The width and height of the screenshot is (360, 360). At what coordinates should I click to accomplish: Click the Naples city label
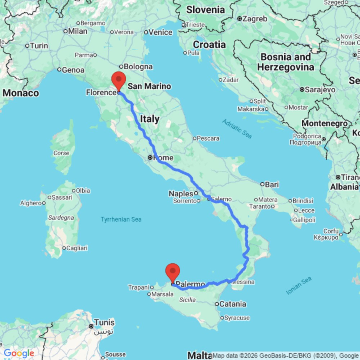pos(181,194)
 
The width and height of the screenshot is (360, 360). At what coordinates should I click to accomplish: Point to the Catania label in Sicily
pos(233,304)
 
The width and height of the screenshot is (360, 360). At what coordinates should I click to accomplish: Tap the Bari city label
pos(272,185)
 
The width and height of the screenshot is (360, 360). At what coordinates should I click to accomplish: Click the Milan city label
pos(78,31)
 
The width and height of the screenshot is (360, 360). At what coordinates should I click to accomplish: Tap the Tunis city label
pos(104,322)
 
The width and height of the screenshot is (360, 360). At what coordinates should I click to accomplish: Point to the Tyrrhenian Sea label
pos(121,219)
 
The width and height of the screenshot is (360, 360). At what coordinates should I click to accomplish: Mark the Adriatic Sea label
pos(237,129)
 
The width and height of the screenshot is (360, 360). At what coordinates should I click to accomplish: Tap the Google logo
pos(19,353)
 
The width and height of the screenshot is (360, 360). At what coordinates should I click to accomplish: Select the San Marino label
pos(149,86)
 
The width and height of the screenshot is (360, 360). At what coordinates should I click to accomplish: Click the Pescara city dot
pos(194,138)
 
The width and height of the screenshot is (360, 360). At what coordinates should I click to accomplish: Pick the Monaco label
pos(21,93)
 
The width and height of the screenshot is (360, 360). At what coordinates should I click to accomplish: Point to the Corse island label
pos(61,153)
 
